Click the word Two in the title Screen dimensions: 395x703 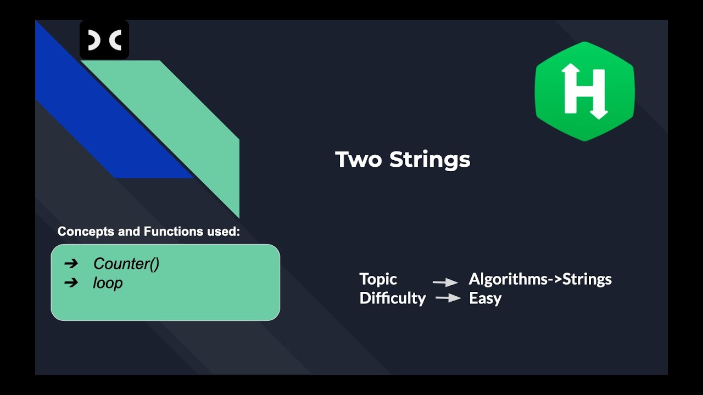point(359,160)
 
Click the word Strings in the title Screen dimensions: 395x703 point(430,160)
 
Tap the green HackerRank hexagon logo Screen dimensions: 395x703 point(585,91)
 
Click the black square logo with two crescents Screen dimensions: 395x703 point(104,39)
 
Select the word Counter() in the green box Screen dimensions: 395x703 point(126,264)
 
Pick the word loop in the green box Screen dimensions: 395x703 point(108,283)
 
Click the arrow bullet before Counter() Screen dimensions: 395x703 point(71,264)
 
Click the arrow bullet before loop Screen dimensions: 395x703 point(71,283)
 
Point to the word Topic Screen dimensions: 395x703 point(378,279)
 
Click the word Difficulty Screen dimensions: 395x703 point(392,298)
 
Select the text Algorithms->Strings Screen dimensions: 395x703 point(540,279)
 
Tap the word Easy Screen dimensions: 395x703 point(485,298)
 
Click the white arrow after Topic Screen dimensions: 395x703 point(445,283)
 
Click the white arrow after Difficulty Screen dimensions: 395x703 point(448,298)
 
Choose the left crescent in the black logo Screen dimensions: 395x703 point(94,40)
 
